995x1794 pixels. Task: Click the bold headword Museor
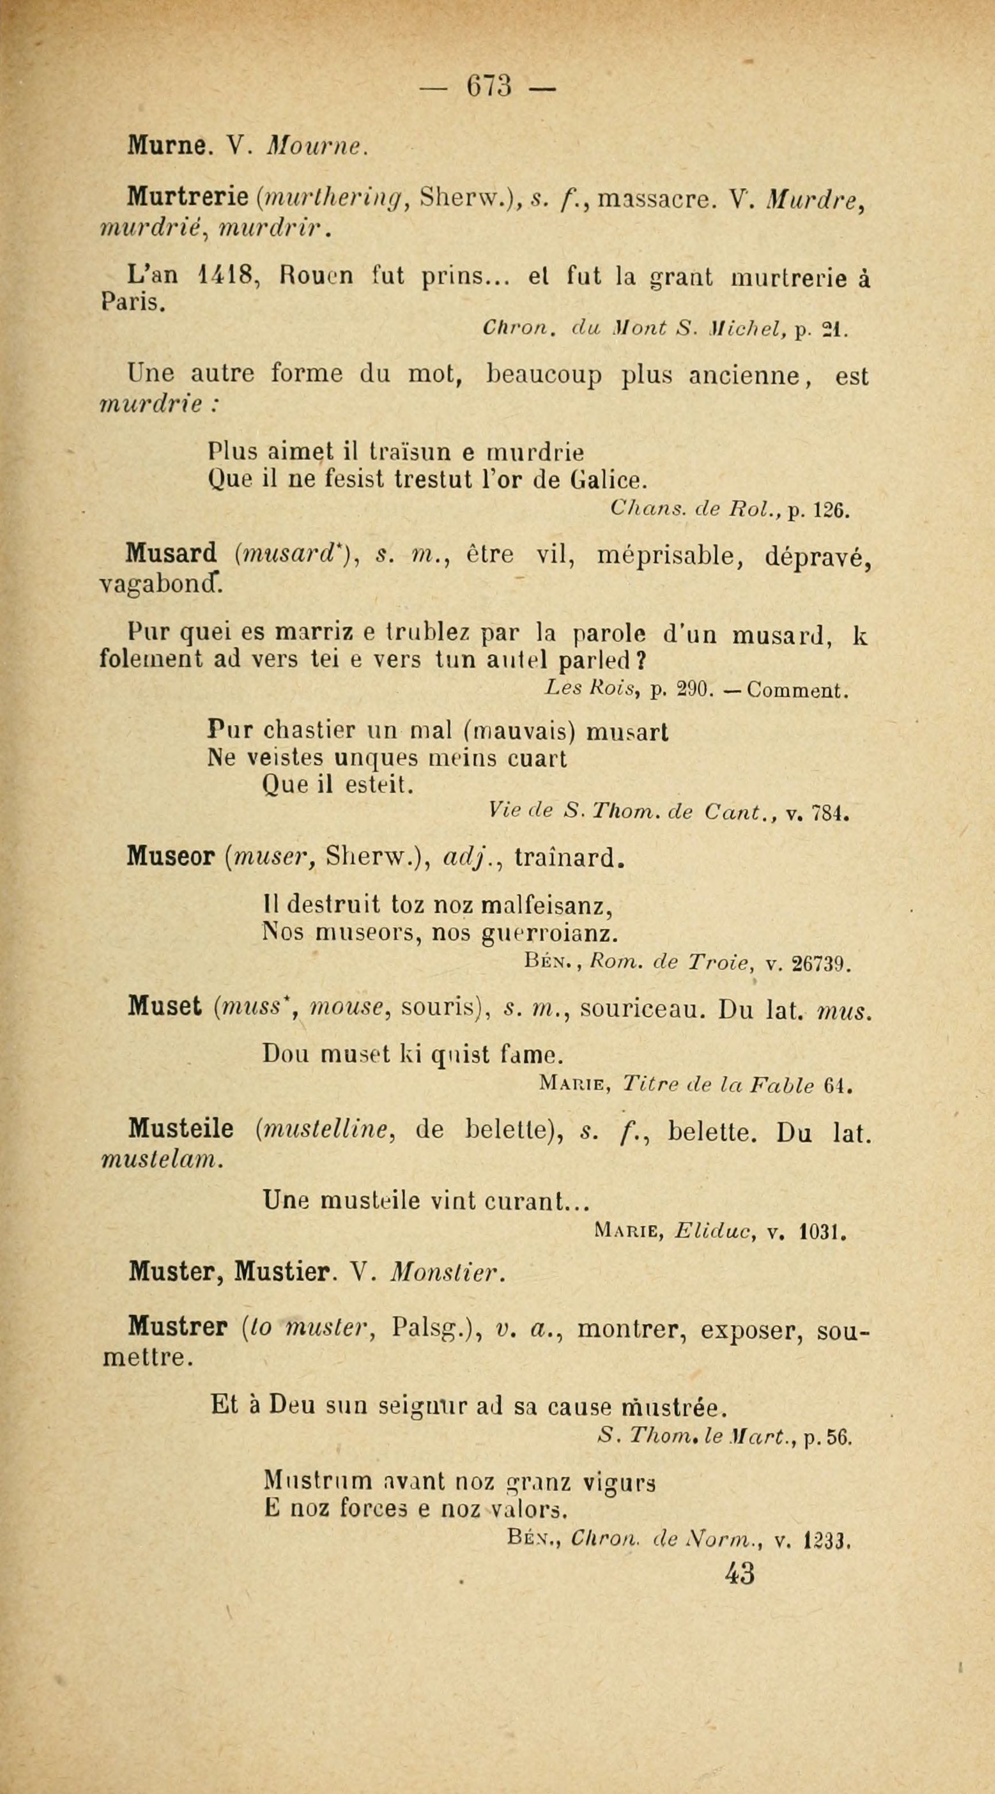point(171,857)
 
